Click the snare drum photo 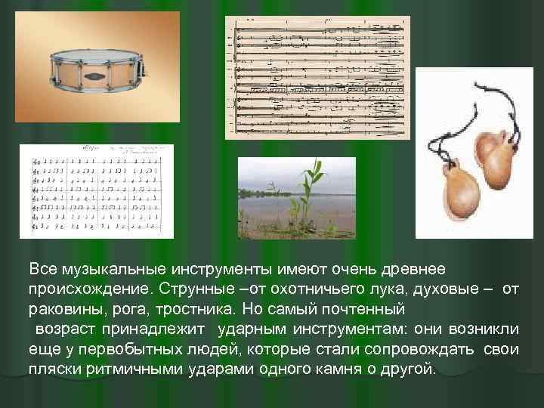coord(99,67)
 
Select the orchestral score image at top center coord(318,77)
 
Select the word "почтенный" coord(366,310)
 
